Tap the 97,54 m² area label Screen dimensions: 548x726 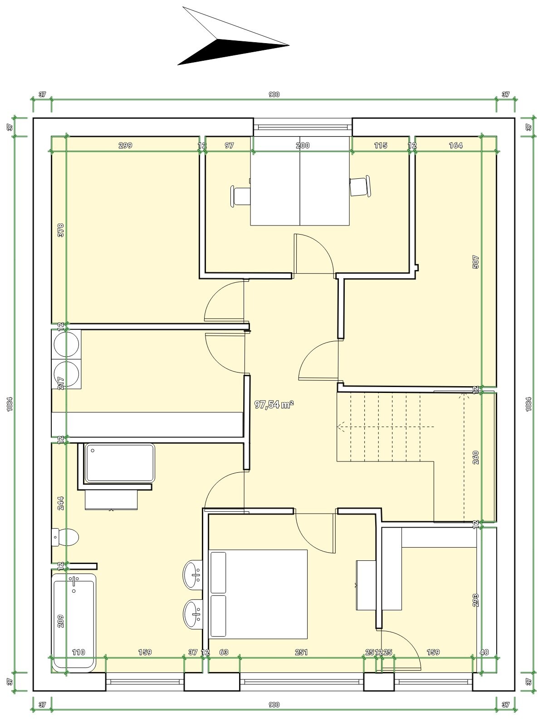point(274,404)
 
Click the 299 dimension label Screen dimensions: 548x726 point(125,145)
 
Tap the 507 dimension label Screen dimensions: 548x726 point(475,262)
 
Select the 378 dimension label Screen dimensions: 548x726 point(60,230)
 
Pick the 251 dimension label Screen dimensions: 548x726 point(301,659)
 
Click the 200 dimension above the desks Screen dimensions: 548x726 point(303,145)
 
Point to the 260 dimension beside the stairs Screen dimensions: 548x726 point(475,457)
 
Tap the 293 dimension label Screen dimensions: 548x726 point(475,600)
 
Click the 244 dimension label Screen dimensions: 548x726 point(60,503)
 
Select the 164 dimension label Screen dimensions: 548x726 point(456,145)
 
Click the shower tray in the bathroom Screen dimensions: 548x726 point(120,463)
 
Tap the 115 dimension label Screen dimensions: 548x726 point(381,145)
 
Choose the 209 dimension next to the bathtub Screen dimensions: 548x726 point(60,621)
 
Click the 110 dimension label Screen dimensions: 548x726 point(78,659)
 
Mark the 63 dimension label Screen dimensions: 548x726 point(224,659)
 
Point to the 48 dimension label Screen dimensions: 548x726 point(484,659)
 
